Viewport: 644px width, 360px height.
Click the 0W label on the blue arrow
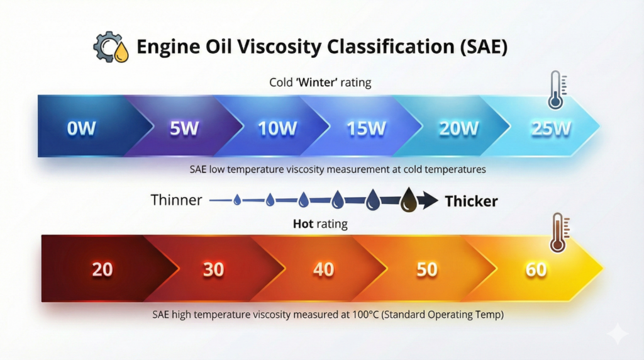[81, 128]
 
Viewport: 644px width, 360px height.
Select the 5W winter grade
[184, 128]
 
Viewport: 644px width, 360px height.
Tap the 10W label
[277, 128]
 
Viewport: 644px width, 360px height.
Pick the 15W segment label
[367, 128]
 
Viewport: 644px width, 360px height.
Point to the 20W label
[458, 128]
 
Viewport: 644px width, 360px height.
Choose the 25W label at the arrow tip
[551, 128]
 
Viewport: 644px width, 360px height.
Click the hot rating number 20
[103, 269]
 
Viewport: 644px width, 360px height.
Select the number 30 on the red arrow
[214, 269]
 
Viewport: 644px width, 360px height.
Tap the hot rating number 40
[324, 269]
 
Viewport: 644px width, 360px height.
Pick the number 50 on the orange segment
[427, 269]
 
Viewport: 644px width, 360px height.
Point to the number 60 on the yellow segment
[536, 269]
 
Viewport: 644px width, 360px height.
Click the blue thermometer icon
[557, 89]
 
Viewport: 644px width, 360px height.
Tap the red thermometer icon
[559, 233]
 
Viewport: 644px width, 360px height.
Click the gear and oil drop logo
[111, 47]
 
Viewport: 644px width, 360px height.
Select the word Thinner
[176, 200]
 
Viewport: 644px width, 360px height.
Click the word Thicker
[471, 201]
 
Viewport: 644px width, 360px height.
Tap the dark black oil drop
[409, 200]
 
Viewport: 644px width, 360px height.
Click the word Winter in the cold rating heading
[317, 82]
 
